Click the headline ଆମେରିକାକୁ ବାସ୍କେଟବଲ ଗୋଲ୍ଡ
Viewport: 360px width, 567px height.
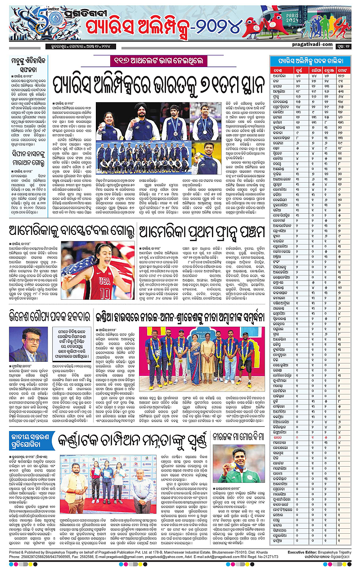pyautogui.click(x=67, y=233)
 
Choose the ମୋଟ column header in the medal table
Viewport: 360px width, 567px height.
pyautogui.click(x=344, y=70)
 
